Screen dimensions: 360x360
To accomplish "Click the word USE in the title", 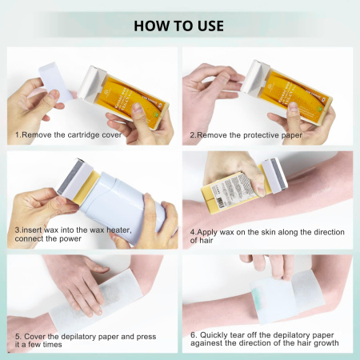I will (x=206, y=23).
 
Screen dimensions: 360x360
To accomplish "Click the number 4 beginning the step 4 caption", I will (x=193, y=233).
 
